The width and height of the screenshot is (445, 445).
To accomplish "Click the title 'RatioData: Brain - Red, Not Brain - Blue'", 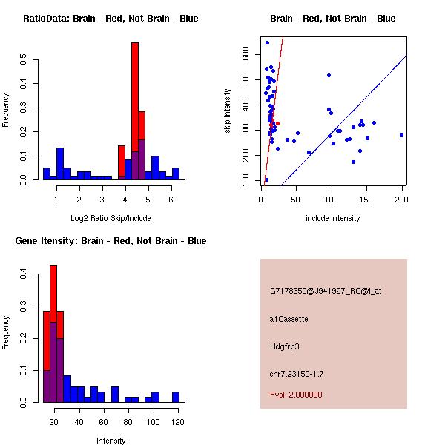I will coord(111,19).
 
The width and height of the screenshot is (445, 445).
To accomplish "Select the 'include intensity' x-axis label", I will coord(333,218).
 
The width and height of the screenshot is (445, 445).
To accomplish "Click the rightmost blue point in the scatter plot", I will coord(401,135).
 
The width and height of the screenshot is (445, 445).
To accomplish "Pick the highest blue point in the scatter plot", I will coord(267,42).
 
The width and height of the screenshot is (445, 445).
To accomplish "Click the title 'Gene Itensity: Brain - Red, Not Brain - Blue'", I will coord(111,241).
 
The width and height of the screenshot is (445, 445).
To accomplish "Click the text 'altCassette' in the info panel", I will coord(289,319).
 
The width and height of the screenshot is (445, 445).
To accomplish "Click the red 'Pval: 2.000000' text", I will coord(296,395).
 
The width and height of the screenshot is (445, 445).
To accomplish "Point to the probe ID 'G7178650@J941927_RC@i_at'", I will coord(326,291).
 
